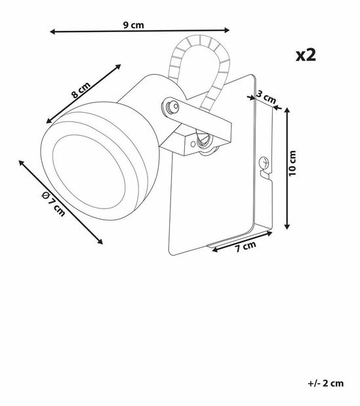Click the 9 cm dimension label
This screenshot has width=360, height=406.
click(133, 25)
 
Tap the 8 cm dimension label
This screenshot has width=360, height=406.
click(81, 90)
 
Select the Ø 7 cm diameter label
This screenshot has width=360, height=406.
click(54, 204)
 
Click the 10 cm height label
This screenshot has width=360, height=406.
click(292, 163)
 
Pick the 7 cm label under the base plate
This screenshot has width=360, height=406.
click(245, 247)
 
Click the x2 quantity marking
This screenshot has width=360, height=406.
click(306, 55)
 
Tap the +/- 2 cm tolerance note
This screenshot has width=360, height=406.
click(326, 383)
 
